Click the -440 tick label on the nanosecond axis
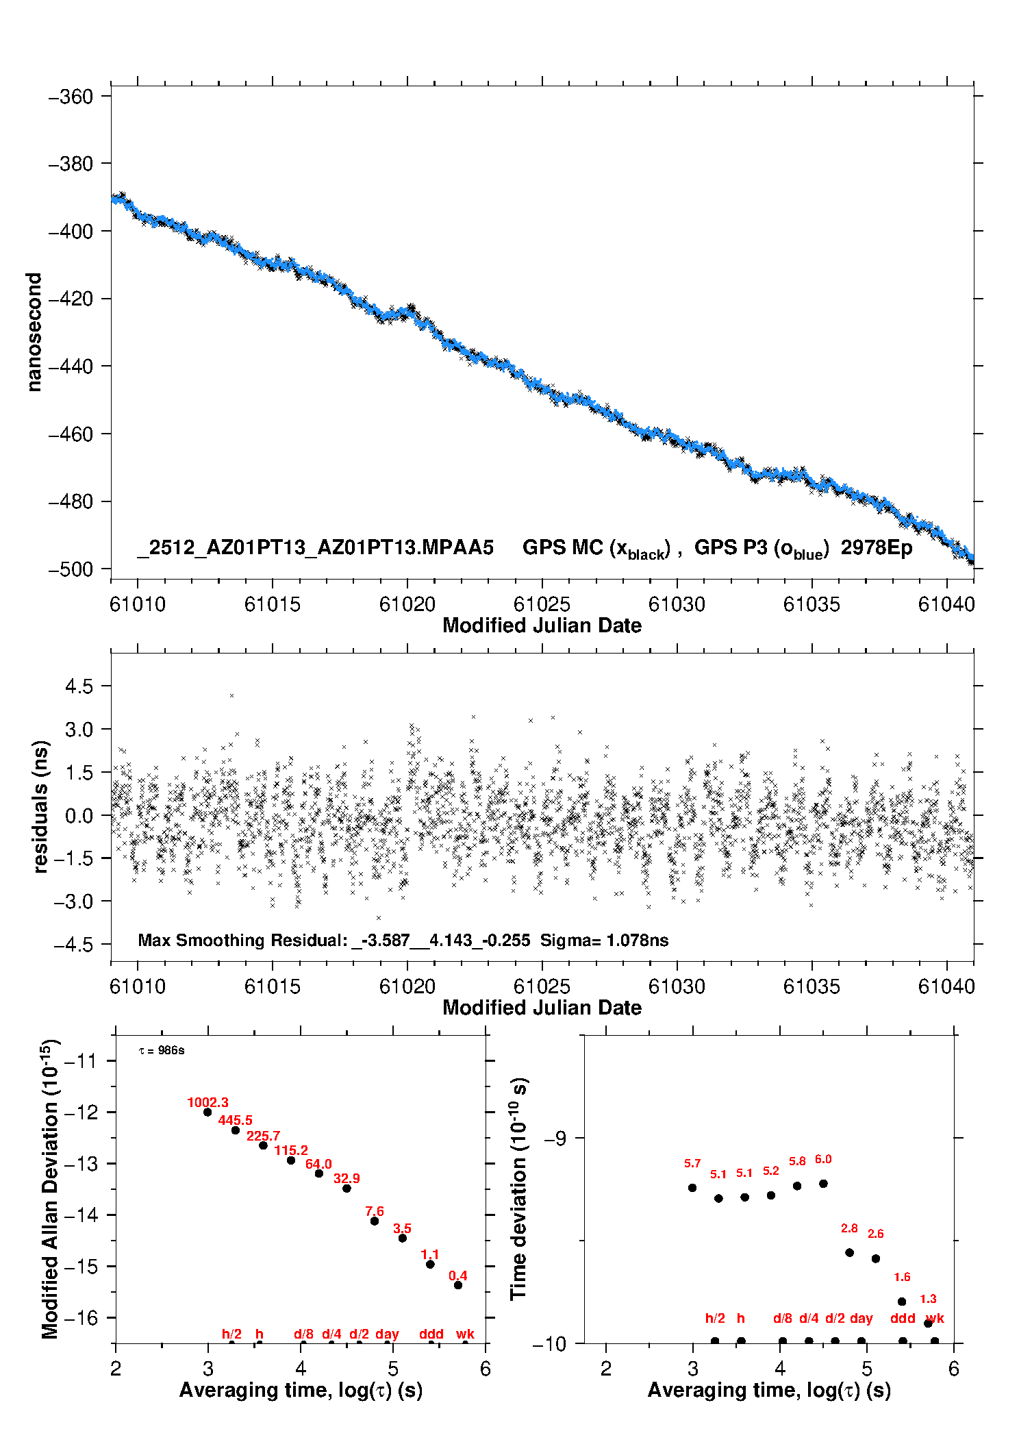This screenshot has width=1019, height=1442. [x=70, y=366]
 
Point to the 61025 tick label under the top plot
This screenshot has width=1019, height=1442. [x=542, y=604]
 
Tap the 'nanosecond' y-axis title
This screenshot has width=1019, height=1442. [x=34, y=332]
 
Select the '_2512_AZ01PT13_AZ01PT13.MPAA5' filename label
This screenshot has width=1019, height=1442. [x=315, y=548]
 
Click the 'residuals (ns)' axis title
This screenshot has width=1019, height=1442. [x=41, y=806]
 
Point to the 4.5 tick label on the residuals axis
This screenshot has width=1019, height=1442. [x=79, y=686]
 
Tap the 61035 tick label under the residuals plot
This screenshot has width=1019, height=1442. [x=812, y=986]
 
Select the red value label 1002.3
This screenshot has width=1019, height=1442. [x=207, y=1102]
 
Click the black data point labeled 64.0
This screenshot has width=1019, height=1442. [x=319, y=1173]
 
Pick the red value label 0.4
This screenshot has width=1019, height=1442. [x=458, y=1276]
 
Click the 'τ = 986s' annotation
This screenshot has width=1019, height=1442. [x=162, y=1051]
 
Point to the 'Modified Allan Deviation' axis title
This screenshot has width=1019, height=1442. [x=50, y=1189]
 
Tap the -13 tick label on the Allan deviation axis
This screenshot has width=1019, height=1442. [x=80, y=1164]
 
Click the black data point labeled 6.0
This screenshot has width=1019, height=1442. [x=823, y=1184]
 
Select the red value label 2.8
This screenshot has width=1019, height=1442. [x=849, y=1228]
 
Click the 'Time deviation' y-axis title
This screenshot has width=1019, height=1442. [x=518, y=1189]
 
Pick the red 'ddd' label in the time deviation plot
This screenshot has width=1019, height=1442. [x=903, y=1318]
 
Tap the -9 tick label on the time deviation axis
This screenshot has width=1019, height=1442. [x=555, y=1139]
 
